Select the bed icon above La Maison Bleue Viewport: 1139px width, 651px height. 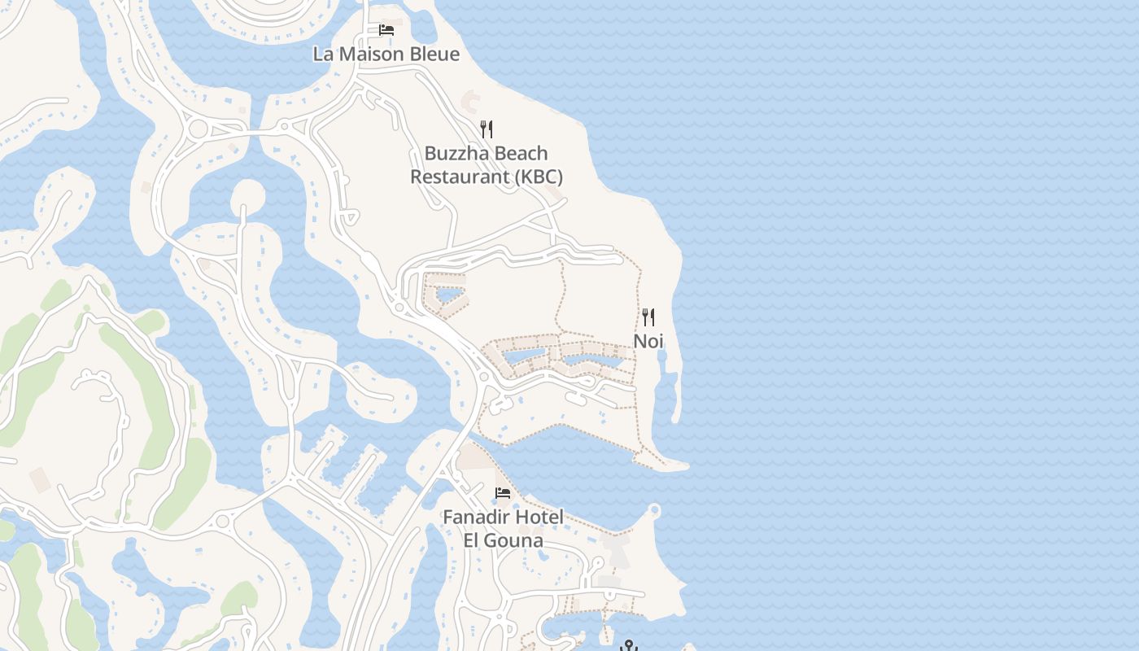[386, 31]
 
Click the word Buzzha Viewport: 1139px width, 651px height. [456, 154]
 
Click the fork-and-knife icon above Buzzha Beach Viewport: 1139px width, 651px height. [486, 129]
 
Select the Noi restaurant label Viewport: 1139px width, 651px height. [648, 341]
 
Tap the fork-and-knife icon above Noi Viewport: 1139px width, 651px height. [648, 317]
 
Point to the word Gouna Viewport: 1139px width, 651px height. [515, 540]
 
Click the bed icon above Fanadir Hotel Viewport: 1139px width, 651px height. [503, 493]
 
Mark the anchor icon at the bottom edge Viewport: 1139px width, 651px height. [628, 646]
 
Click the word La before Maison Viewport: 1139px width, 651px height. [323, 55]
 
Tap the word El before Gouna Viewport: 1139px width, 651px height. [473, 540]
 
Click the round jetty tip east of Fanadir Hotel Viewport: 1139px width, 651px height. [655, 511]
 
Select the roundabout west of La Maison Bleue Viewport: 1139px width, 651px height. [198, 129]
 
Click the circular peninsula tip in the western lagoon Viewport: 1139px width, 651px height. [248, 194]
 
